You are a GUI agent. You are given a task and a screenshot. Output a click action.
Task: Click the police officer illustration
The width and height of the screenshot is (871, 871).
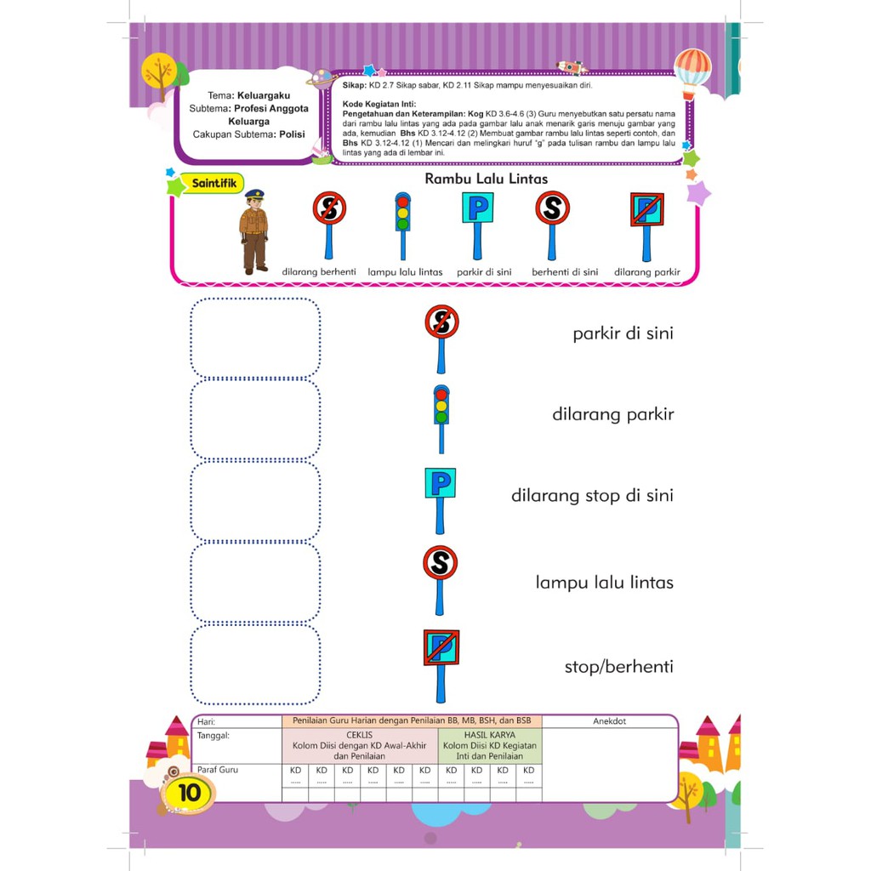click(253, 231)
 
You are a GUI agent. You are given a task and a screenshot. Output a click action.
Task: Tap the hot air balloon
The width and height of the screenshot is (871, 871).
click(692, 71)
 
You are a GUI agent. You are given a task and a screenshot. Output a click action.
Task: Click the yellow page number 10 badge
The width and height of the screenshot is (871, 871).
click(189, 793)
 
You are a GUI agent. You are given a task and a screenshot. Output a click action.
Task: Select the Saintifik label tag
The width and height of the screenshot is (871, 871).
click(213, 183)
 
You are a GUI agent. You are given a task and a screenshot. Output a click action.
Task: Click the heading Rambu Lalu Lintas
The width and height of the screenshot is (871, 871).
click(486, 179)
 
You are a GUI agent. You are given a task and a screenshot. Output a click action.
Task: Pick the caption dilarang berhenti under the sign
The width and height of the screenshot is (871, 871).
click(319, 272)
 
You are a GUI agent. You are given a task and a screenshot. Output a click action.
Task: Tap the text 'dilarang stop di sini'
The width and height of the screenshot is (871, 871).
click(592, 495)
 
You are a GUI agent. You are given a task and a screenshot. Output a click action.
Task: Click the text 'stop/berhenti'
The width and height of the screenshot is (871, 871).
click(618, 666)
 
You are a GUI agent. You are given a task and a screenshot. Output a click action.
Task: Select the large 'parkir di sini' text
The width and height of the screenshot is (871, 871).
click(623, 333)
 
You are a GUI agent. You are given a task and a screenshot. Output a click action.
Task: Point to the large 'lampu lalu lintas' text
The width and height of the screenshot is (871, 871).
click(604, 583)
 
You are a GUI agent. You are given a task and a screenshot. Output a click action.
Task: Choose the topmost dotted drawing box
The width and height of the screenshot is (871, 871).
click(255, 338)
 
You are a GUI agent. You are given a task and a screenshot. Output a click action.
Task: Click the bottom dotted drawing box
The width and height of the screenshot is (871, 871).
click(255, 664)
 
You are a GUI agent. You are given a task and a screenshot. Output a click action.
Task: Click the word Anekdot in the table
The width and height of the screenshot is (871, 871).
click(609, 721)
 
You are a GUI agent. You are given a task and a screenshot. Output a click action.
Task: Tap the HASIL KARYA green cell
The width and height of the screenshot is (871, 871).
click(489, 745)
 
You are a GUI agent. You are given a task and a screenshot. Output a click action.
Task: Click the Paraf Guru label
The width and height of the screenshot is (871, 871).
click(218, 770)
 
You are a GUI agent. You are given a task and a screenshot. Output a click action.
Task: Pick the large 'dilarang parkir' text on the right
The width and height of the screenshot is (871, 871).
click(612, 415)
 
